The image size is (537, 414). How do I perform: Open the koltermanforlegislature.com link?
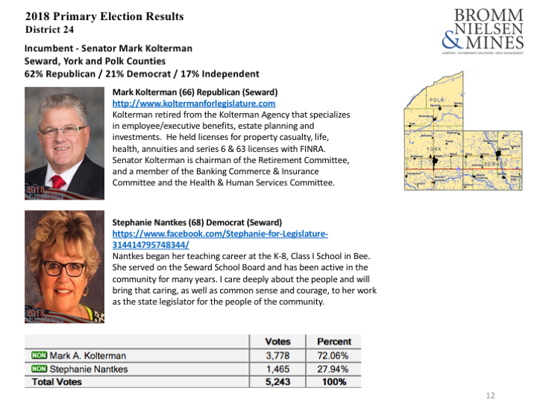(193, 103)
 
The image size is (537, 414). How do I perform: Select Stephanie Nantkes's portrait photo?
(64, 267)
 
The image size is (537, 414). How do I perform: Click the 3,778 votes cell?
(277, 356)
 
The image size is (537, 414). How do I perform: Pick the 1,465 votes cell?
(277, 369)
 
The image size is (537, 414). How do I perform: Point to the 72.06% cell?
(333, 356)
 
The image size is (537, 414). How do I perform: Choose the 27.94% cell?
(333, 369)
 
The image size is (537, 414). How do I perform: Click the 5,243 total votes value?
(277, 382)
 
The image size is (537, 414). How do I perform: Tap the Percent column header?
(333, 342)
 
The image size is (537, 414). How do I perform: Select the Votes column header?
(278, 342)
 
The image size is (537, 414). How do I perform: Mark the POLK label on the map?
(438, 99)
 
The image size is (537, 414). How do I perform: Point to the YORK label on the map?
(434, 149)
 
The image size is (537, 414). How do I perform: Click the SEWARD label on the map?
(494, 162)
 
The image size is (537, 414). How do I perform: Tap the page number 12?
(490, 396)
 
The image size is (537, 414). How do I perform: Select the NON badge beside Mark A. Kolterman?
(39, 356)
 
